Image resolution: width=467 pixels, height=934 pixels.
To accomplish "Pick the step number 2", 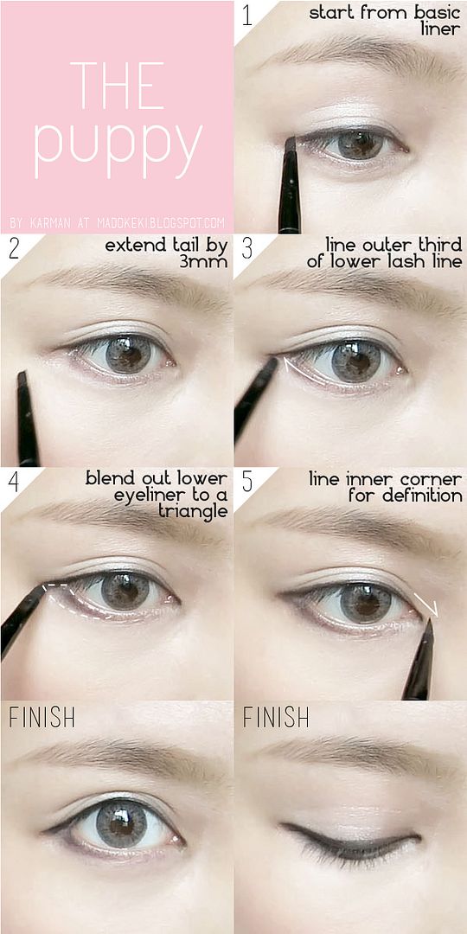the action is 15,248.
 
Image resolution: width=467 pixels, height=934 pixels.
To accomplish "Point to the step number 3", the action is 246,248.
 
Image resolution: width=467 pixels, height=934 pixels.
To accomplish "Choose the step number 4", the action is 15,482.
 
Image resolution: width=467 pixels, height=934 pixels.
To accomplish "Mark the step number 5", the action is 246,482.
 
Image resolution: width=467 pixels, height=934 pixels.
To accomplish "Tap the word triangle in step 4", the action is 192,511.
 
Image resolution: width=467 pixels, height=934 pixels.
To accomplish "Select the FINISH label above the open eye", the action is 42,718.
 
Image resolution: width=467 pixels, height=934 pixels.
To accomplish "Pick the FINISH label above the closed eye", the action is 276,718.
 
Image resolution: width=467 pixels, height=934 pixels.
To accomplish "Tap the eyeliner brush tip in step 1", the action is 290,143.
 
